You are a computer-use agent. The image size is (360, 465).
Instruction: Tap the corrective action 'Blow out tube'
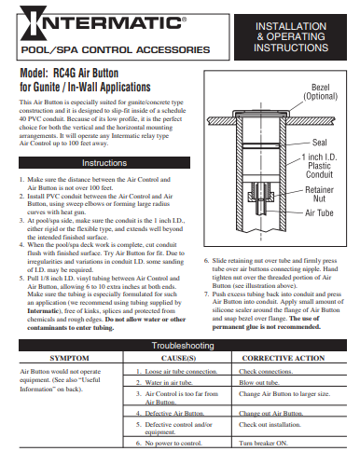(260, 383)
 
